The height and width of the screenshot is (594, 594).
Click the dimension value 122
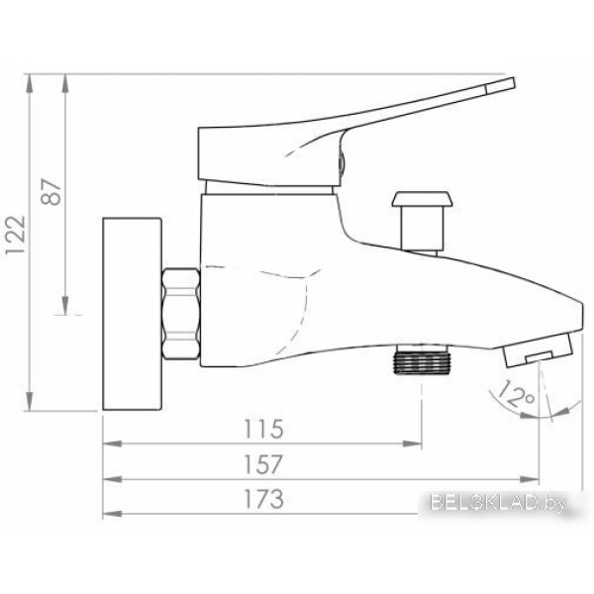pyautogui.click(x=16, y=235)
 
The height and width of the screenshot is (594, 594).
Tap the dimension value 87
pyautogui.click(x=51, y=191)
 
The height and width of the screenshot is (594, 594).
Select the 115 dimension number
pyautogui.click(x=263, y=429)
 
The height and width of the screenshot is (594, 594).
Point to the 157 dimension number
pyautogui.click(x=263, y=464)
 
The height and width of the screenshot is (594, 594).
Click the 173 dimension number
pyautogui.click(x=263, y=499)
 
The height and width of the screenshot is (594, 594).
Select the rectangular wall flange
pyautogui.click(x=133, y=314)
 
